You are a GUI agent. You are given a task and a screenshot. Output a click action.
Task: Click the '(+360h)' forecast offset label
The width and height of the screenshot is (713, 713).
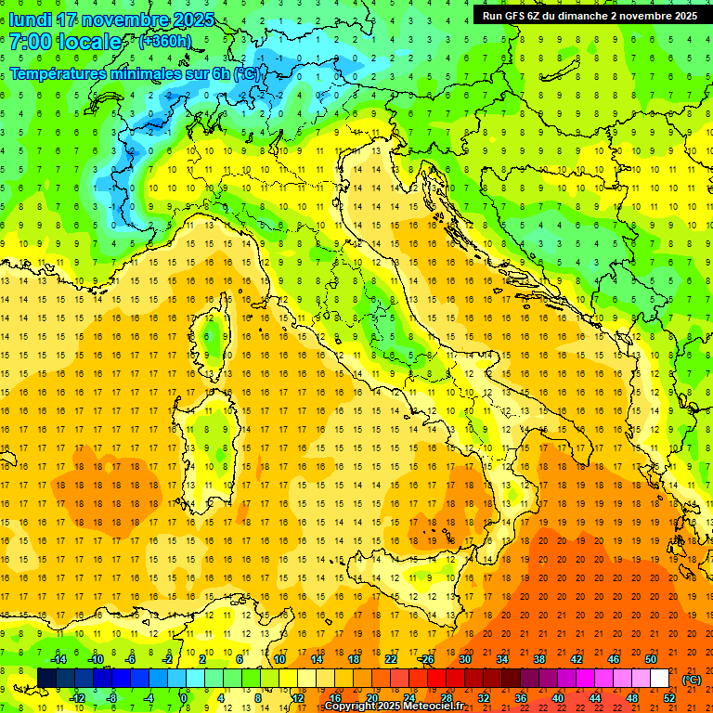pos(165,42)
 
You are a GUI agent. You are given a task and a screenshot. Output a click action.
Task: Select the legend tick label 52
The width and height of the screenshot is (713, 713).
pos(668,698)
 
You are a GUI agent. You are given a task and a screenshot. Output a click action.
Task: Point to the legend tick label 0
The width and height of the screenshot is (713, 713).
pos(184,698)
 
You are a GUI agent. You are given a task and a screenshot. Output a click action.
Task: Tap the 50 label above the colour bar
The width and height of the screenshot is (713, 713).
pos(650,659)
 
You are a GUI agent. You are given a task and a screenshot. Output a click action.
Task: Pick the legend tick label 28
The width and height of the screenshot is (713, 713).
pos(446,698)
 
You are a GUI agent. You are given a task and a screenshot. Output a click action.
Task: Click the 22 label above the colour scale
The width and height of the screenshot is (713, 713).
pos(390,659)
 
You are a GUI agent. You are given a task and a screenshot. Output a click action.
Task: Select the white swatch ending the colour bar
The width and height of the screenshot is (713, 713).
pos(659,679)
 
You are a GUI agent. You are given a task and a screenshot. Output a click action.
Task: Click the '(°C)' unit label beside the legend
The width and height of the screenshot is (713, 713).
pos(692,680)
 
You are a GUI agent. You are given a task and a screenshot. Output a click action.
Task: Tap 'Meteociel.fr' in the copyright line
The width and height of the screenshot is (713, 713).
pos(438,707)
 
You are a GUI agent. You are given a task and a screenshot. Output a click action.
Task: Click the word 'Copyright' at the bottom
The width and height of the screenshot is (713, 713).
pos(353,707)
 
